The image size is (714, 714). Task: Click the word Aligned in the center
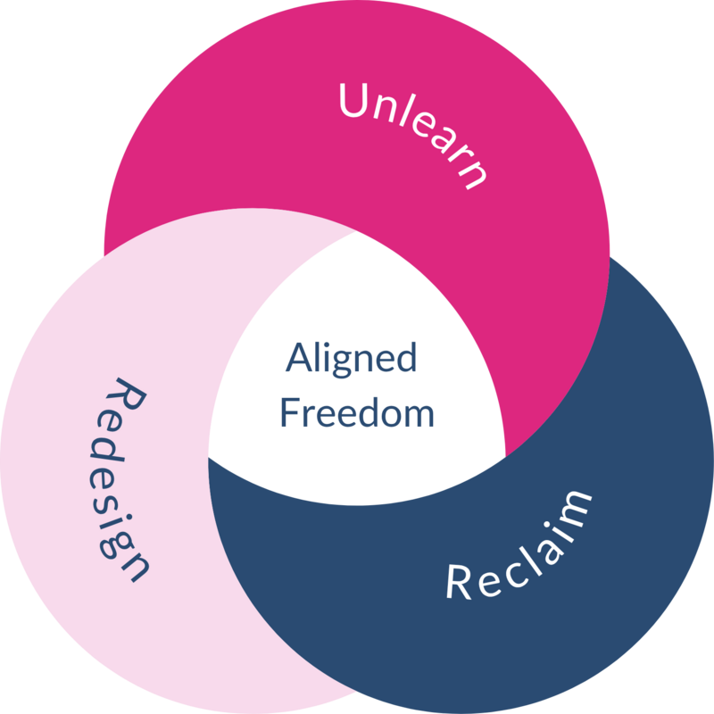click(351, 360)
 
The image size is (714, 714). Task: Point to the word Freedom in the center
click(357, 413)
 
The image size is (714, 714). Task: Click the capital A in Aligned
click(296, 359)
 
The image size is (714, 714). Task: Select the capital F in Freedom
click(287, 413)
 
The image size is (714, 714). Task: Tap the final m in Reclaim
click(576, 505)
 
